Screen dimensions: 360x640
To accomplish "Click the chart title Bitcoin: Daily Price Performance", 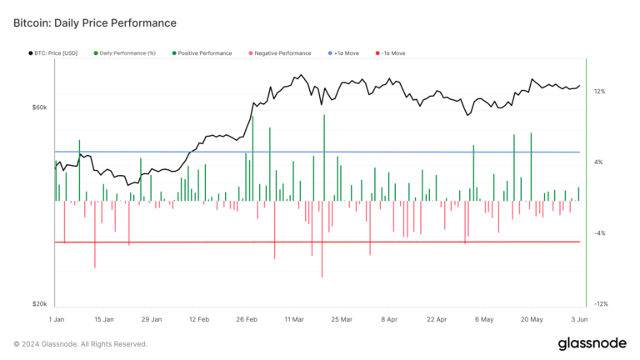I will coord(95,22).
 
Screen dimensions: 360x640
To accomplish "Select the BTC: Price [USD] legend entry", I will coord(53,52).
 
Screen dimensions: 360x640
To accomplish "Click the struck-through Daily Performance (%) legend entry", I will coord(127,52).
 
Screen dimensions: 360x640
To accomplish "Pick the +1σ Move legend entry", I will coord(353,52).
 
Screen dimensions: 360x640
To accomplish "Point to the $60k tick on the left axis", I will coord(39,107).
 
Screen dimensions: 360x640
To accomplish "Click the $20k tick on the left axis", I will coord(39,304).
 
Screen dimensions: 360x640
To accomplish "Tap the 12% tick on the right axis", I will coord(600,92).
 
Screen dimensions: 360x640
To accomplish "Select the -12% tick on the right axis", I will coord(600,304).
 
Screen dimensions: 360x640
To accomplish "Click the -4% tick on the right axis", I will coord(599,233).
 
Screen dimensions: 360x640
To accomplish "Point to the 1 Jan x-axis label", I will coord(57,319).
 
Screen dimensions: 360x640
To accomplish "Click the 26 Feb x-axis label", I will coord(247,319).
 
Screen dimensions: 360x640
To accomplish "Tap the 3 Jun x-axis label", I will coord(580,319).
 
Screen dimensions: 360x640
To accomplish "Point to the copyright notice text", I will coord(80,344).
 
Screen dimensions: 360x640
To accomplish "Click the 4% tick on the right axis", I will coord(598,162).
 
